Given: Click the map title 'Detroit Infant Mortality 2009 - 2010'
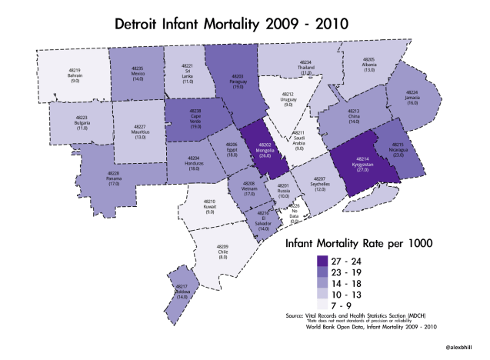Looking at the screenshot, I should click(231, 23).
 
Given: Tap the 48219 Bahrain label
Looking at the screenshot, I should click(75, 75).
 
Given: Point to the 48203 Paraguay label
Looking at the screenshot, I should click(238, 82).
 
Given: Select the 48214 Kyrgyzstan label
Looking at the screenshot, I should click(358, 165).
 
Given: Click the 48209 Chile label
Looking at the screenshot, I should click(223, 252).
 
